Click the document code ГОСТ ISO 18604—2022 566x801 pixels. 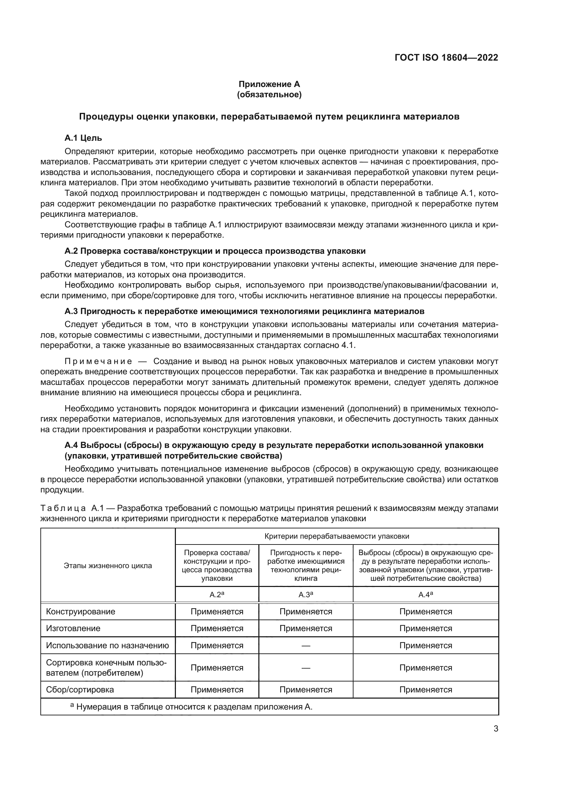(x=446, y=58)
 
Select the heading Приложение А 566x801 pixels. (x=269, y=84)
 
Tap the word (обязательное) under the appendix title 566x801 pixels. (x=269, y=95)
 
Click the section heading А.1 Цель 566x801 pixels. (x=83, y=138)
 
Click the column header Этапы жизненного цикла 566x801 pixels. (x=108, y=566)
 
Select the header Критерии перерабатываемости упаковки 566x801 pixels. (x=337, y=536)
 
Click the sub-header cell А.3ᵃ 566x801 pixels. (x=306, y=595)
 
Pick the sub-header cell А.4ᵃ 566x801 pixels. (x=426, y=595)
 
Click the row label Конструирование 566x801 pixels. (x=80, y=612)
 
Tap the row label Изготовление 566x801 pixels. (x=73, y=628)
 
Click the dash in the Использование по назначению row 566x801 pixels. (x=306, y=646)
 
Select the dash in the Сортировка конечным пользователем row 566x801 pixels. (x=306, y=668)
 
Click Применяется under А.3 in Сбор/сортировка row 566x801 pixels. (x=306, y=690)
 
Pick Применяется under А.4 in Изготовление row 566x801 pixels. (x=426, y=628)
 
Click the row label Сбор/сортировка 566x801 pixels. (x=80, y=690)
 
